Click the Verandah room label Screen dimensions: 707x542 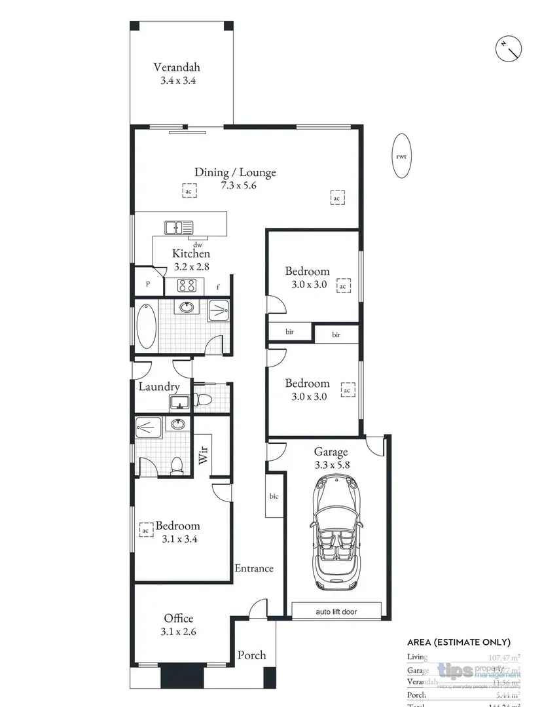(176, 67)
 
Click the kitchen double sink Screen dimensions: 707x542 (179, 228)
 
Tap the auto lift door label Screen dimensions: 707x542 (336, 612)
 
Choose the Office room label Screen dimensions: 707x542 (178, 619)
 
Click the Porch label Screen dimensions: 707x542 (251, 655)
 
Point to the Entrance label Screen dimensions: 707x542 (254, 568)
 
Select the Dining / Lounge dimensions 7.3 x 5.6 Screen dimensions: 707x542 (235, 185)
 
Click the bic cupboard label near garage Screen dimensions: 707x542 (274, 496)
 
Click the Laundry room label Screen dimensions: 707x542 (158, 387)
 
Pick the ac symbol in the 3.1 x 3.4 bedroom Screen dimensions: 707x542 (146, 528)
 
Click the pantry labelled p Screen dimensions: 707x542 (148, 284)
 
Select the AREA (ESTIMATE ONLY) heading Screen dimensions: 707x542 (458, 642)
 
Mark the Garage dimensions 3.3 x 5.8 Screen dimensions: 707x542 (331, 464)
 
